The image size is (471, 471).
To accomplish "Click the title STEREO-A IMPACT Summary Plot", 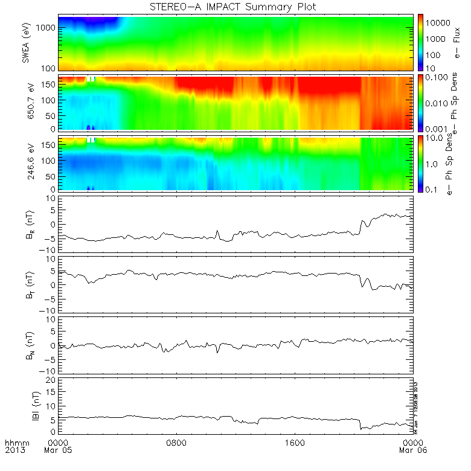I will click(235, 7).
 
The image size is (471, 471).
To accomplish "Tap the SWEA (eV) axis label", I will click(27, 43).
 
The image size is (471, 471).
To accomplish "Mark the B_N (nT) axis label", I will click(27, 344).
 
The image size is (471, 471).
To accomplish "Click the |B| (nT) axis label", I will click(27, 405).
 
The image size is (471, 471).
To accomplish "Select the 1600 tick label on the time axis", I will click(295, 443).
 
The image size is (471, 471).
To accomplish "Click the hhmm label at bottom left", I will click(14, 443).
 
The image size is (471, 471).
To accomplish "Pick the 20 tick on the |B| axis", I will click(51, 380).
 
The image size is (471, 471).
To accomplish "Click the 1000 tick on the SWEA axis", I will click(47, 28).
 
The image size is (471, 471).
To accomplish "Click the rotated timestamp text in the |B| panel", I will click(416, 405).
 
